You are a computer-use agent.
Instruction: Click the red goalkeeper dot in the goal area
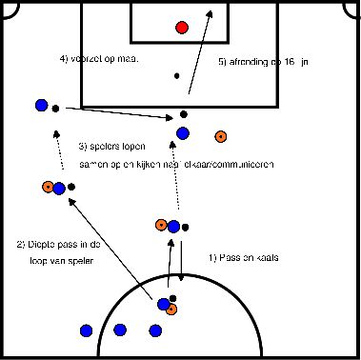click(x=182, y=27)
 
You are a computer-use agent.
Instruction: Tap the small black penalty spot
click(x=175, y=75)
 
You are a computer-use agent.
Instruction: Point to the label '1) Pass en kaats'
click(x=243, y=257)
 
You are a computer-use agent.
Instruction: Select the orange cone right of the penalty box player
click(x=221, y=135)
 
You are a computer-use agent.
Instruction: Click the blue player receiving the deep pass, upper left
click(x=40, y=105)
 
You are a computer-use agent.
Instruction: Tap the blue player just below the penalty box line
click(x=182, y=133)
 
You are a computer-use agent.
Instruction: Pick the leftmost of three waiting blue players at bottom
click(x=86, y=330)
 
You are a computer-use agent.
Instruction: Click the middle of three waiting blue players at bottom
click(x=120, y=330)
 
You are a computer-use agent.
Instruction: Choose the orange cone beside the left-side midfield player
click(x=47, y=187)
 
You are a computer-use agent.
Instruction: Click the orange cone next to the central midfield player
click(x=161, y=225)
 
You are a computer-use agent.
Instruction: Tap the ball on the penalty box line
click(x=183, y=116)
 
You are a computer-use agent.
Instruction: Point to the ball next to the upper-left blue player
click(x=55, y=107)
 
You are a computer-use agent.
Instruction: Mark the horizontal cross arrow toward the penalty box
click(x=114, y=111)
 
